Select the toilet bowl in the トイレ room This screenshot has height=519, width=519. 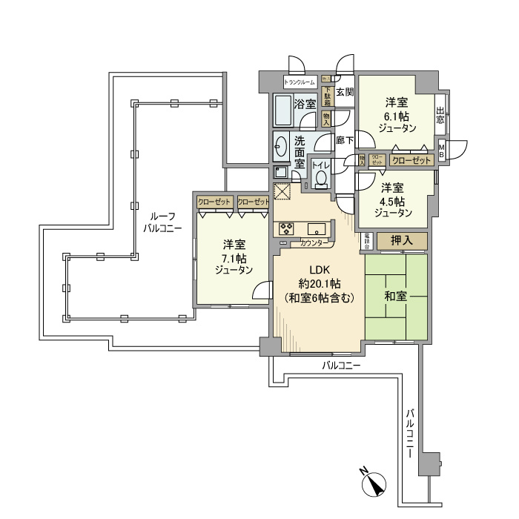(x=321, y=178)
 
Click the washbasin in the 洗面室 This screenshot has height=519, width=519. (x=281, y=146)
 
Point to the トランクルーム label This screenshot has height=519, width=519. (x=300, y=82)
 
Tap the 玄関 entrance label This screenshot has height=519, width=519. (x=344, y=93)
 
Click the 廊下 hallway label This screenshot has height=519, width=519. (x=344, y=139)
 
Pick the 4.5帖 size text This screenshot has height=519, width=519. (x=392, y=201)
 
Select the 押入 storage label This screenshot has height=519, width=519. (x=402, y=241)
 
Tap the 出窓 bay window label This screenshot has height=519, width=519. (x=440, y=115)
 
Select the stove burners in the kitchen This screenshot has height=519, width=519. (x=286, y=228)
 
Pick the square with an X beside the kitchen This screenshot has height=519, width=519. (x=282, y=191)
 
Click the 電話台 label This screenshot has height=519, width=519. (x=368, y=241)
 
